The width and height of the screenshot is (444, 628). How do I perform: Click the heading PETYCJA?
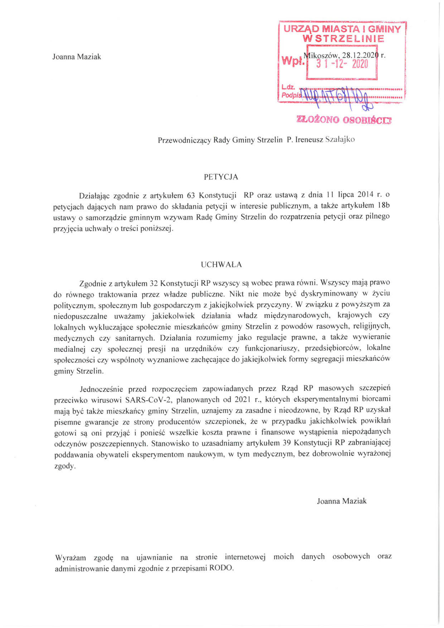(x=221, y=177)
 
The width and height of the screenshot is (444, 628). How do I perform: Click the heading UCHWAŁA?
(x=221, y=265)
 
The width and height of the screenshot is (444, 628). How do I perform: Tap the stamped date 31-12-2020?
(x=342, y=64)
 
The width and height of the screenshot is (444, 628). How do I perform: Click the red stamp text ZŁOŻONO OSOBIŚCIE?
(x=344, y=120)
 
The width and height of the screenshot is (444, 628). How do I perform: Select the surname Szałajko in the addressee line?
(x=339, y=140)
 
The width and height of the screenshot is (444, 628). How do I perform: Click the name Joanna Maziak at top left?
(x=77, y=57)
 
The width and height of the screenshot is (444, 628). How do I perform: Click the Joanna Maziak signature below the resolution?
(x=342, y=501)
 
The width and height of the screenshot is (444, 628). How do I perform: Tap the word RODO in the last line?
(x=221, y=568)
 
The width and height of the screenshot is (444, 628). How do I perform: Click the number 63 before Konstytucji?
(x=190, y=195)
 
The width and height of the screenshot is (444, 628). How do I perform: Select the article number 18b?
(x=382, y=206)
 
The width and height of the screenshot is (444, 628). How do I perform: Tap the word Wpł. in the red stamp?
(x=293, y=61)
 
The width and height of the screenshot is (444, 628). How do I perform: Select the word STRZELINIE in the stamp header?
(x=343, y=39)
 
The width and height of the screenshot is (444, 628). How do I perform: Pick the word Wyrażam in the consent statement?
(x=71, y=557)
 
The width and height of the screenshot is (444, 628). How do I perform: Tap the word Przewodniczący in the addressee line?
(x=184, y=140)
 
